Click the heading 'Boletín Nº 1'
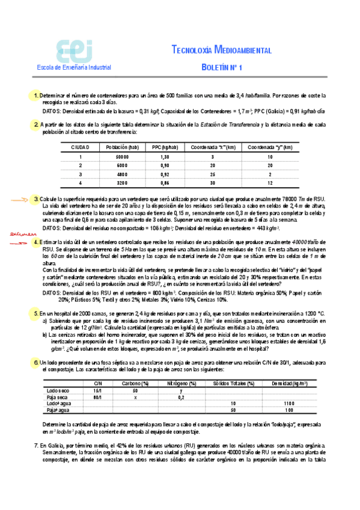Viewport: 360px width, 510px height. click(x=221, y=68)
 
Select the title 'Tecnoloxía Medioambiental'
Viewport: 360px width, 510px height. click(x=221, y=50)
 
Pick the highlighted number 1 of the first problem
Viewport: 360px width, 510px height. click(x=37, y=95)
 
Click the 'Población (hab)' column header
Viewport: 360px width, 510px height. click(x=122, y=147)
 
